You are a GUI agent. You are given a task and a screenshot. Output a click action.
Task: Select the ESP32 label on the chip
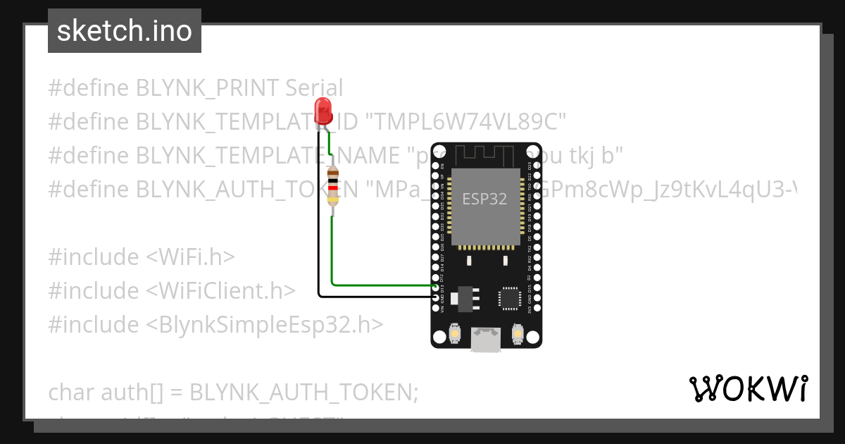[x=484, y=199]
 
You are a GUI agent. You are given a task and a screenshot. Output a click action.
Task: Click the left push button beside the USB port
[x=456, y=334]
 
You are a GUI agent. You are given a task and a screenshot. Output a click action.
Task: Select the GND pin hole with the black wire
[x=437, y=297]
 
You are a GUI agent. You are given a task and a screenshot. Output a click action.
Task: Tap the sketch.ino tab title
[x=125, y=31]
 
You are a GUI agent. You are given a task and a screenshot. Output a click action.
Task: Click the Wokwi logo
[x=748, y=388]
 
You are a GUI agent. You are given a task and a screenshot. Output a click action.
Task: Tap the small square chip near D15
[x=508, y=298]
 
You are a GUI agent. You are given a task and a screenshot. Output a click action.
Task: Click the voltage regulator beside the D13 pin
[x=464, y=297]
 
